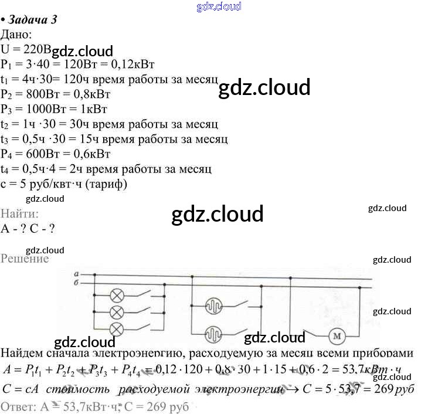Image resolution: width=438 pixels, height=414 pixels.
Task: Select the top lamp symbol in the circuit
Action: pyautogui.click(x=117, y=294)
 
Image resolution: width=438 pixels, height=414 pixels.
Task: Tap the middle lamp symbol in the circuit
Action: pyautogui.click(x=117, y=311)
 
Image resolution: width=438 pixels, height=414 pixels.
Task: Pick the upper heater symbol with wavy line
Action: pyautogui.click(x=213, y=306)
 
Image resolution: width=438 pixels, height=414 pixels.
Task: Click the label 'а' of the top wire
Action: pyautogui.click(x=77, y=274)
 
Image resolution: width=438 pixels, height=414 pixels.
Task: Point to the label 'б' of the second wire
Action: pyautogui.click(x=77, y=283)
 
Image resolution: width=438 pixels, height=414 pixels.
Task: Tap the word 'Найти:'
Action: pyautogui.click(x=20, y=214)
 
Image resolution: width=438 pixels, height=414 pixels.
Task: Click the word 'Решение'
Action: pyautogui.click(x=25, y=259)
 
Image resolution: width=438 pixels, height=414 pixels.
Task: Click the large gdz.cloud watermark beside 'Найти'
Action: pyautogui.click(x=218, y=214)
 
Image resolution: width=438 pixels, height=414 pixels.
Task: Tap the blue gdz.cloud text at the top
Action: pyautogui.click(x=219, y=6)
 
